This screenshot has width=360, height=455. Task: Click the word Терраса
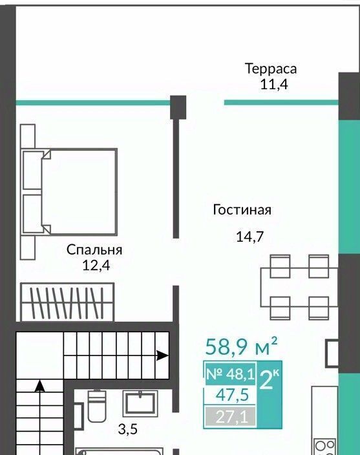coord(271,69)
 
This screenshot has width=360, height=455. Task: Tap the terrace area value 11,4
coord(274,85)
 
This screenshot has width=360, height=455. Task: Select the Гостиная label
coord(242,209)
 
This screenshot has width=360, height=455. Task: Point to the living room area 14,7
coord(249,237)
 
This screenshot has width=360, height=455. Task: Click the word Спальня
coord(94,250)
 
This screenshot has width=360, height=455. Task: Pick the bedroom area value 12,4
coord(96,265)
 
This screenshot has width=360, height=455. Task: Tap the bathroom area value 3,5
coord(127,429)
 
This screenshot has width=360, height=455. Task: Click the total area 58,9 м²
coord(241,346)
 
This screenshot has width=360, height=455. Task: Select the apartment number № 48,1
coord(230,374)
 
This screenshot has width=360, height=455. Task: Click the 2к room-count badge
coord(270,379)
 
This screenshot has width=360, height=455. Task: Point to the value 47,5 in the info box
coord(232,395)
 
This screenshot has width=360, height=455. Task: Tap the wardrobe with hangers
coord(67,302)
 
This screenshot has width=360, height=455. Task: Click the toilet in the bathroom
coord(97,406)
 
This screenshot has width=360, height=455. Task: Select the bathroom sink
coord(140,403)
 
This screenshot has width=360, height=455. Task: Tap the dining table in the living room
coord(299,287)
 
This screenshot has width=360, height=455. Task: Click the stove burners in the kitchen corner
coord(326,447)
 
